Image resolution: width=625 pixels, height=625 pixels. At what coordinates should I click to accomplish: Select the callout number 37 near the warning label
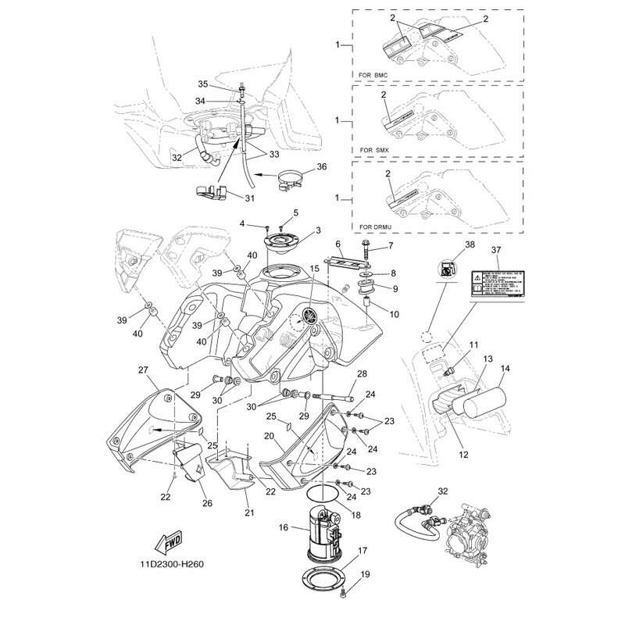(496, 249)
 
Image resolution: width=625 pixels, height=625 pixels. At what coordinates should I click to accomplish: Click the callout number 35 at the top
(202, 84)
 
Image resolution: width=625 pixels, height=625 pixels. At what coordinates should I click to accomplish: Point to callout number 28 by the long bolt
(362, 373)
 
